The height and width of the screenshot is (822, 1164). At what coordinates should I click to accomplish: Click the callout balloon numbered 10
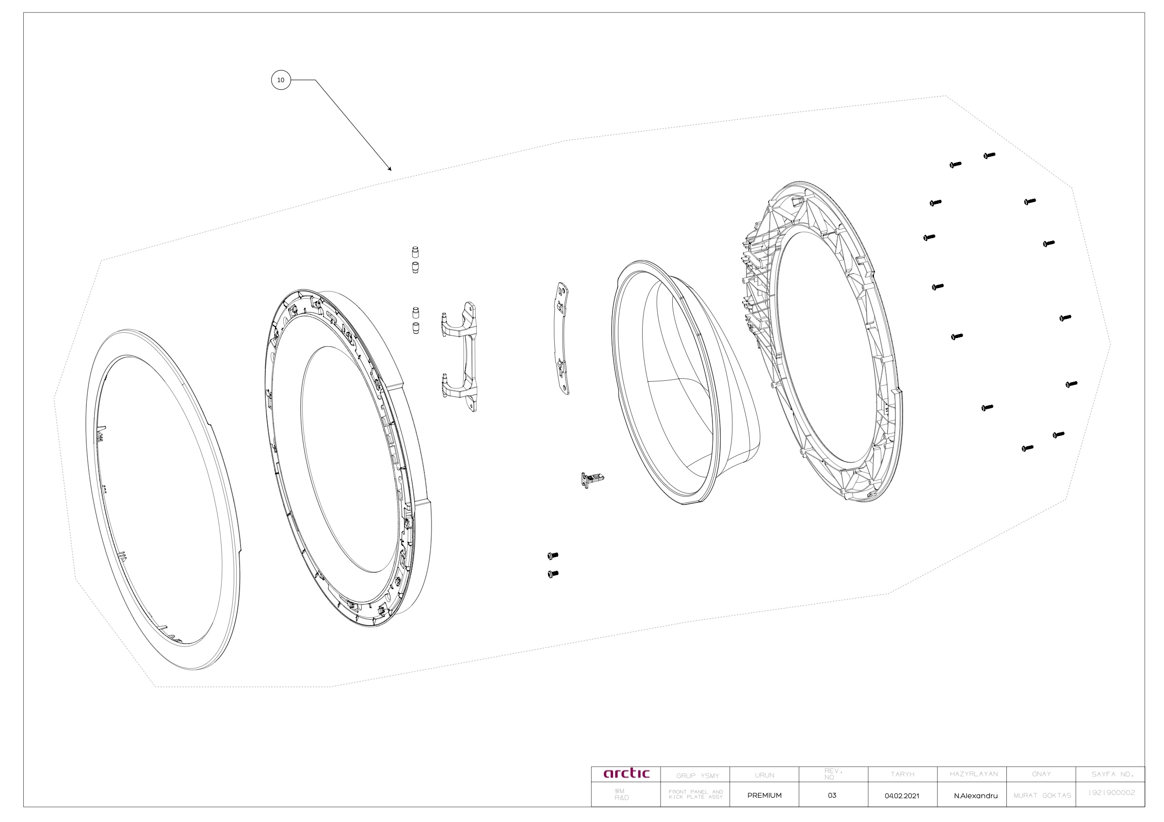pyautogui.click(x=281, y=80)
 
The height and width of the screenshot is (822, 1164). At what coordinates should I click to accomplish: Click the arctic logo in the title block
pyautogui.click(x=626, y=774)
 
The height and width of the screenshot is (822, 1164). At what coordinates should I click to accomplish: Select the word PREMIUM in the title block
pyautogui.click(x=764, y=796)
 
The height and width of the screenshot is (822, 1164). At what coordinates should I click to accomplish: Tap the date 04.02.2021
pyautogui.click(x=902, y=796)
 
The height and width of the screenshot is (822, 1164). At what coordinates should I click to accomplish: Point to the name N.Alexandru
pyautogui.click(x=975, y=796)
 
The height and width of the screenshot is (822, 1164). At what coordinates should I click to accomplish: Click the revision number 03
pyautogui.click(x=832, y=795)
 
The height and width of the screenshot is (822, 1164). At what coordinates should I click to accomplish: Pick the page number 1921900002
pyautogui.click(x=1111, y=792)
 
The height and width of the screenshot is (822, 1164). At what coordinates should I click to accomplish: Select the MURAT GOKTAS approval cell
pyautogui.click(x=1042, y=796)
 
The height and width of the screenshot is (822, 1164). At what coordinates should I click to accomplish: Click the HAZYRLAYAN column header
pyautogui.click(x=974, y=774)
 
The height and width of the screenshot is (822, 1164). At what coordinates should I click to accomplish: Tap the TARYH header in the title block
pyautogui.click(x=903, y=774)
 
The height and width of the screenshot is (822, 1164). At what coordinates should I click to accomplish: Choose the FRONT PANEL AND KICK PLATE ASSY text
pyautogui.click(x=695, y=794)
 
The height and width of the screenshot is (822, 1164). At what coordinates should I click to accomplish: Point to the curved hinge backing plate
pyautogui.click(x=560, y=338)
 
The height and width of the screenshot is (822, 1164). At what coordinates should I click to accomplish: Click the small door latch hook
pyautogui.click(x=592, y=479)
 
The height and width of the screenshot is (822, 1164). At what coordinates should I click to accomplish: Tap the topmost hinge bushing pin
pyautogui.click(x=416, y=252)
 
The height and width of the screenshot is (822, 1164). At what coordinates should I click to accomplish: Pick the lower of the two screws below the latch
pyautogui.click(x=553, y=574)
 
